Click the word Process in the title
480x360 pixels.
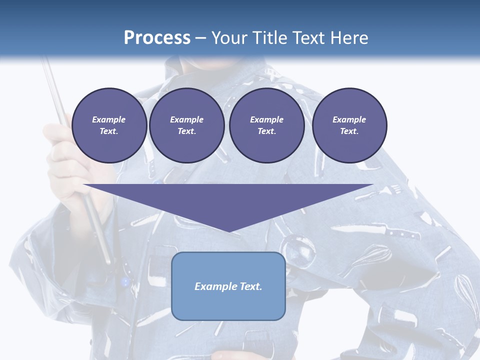tap(157, 38)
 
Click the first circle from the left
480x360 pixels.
tap(109, 125)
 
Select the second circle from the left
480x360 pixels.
tap(186, 125)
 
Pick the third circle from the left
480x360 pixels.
tap(266, 125)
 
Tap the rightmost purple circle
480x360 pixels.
tap(349, 125)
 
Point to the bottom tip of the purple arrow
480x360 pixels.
tap(229, 231)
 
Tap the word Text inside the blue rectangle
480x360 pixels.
tap(251, 286)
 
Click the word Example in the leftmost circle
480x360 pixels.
tap(109, 119)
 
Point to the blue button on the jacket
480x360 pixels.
tap(125, 282)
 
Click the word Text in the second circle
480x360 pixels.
tap(186, 131)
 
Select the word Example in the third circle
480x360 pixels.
tap(266, 119)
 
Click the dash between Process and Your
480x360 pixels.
tap(201, 38)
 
